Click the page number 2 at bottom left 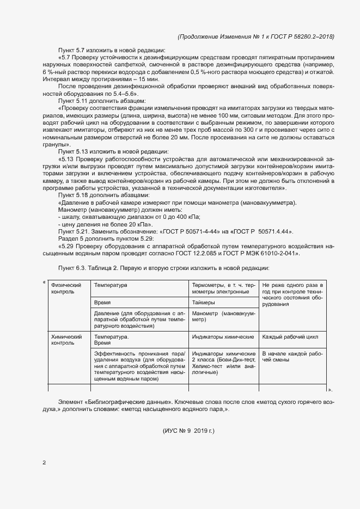point(44,463)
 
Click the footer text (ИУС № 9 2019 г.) point(188,431)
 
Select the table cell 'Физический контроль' point(62,288)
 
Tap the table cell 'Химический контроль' point(62,340)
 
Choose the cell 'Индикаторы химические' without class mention point(223,337)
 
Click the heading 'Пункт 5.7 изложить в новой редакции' point(108,50)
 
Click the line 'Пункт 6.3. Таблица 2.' point(162,268)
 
